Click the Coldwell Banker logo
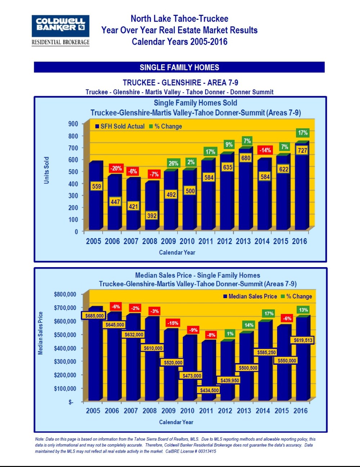click(60, 26)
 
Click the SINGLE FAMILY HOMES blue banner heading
click(179, 67)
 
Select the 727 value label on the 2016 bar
click(302, 151)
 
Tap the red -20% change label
click(116, 168)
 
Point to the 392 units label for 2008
click(152, 216)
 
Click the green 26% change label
click(173, 163)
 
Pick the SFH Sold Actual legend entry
click(120, 126)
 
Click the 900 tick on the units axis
click(73, 124)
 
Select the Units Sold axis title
click(46, 170)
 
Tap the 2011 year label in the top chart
click(206, 241)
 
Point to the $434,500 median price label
click(209, 390)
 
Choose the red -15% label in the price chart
click(173, 323)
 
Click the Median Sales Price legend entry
click(250, 296)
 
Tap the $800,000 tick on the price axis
click(65, 294)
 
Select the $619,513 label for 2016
click(303, 340)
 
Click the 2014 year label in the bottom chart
click(263, 411)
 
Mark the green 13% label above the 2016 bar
click(303, 310)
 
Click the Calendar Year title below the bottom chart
click(176, 422)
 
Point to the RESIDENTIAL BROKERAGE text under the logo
click(60, 42)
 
